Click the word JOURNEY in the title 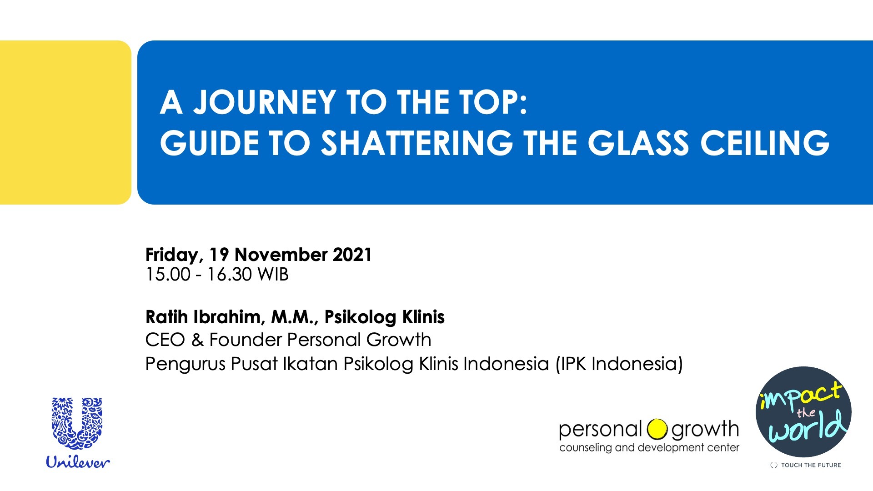[265, 102]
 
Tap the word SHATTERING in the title [416, 143]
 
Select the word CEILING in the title [765, 143]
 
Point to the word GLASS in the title [638, 143]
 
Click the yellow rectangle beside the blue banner [65, 122]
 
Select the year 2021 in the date [352, 255]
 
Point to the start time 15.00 [168, 275]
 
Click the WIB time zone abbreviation [273, 275]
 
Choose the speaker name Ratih [167, 317]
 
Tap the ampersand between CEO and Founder [197, 340]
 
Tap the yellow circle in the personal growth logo [657, 429]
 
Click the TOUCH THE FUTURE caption [811, 465]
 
